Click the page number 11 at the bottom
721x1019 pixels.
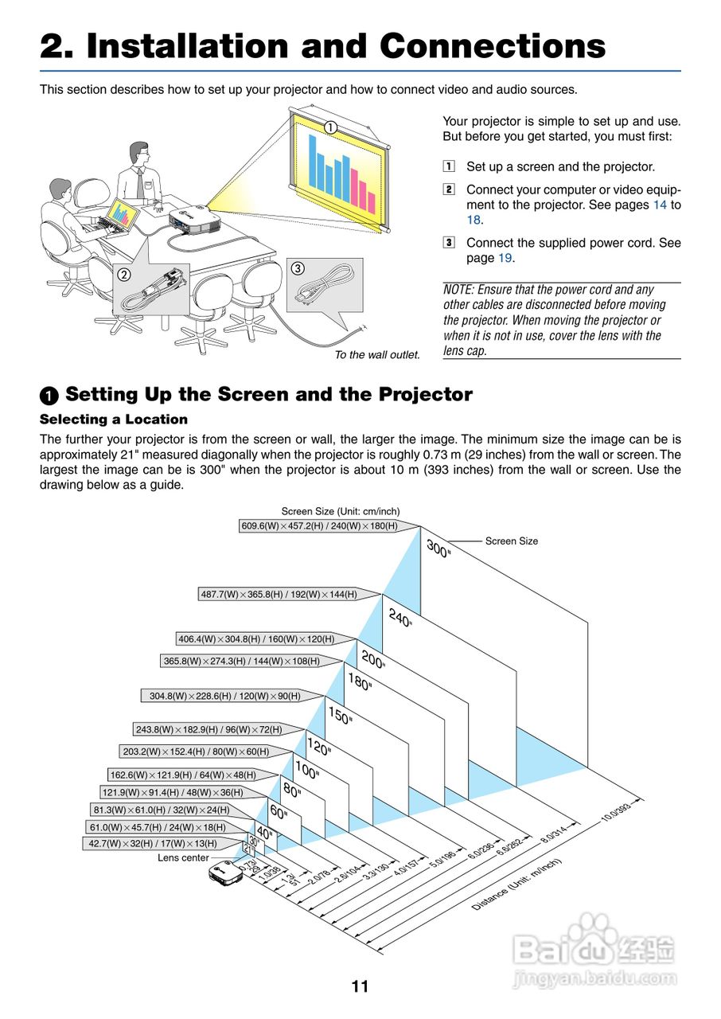(x=360, y=987)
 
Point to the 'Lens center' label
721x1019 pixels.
(x=183, y=857)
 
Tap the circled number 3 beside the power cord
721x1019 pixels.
(x=297, y=268)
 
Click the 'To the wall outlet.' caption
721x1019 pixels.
(x=376, y=354)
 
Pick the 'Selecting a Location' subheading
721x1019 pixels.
(x=114, y=420)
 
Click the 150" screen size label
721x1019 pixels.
(x=340, y=716)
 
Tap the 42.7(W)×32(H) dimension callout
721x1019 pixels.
(x=153, y=843)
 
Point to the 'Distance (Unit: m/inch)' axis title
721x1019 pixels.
(x=517, y=884)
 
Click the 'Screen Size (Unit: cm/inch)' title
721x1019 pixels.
(x=341, y=511)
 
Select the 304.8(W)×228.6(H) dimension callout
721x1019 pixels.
(x=225, y=696)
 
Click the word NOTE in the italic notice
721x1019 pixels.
(x=458, y=290)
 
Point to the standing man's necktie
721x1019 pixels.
(x=140, y=184)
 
